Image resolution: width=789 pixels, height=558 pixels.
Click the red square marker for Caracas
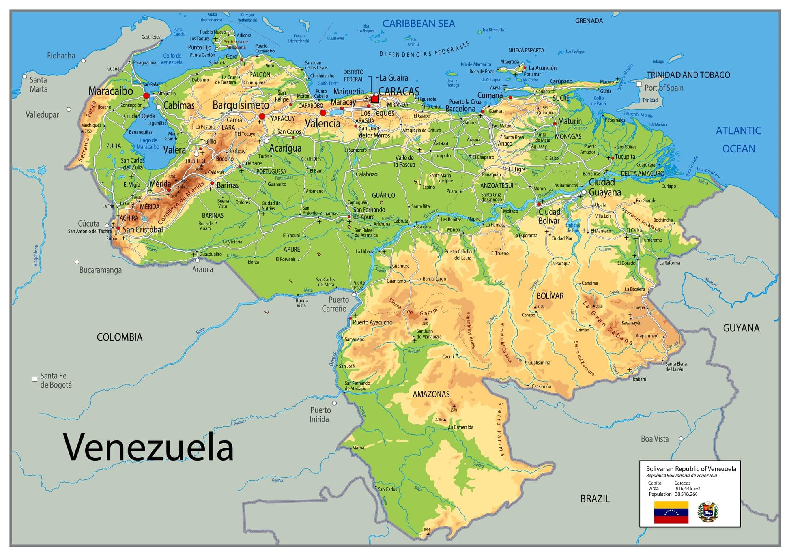(374, 99)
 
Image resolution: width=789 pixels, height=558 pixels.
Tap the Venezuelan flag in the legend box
(671, 512)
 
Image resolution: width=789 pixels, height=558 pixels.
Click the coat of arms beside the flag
(708, 512)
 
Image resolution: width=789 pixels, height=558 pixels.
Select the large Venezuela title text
(148, 447)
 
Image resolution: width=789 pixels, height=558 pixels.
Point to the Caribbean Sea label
(419, 24)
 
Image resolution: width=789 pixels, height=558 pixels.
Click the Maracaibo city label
(110, 91)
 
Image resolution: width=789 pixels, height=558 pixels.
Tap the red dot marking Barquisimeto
(262, 116)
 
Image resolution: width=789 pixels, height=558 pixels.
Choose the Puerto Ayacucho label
(372, 322)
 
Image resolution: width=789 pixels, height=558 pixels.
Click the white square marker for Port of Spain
(639, 84)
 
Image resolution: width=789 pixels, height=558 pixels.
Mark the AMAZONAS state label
(431, 394)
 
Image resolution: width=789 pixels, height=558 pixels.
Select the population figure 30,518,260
(686, 494)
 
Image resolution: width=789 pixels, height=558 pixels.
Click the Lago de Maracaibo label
(148, 144)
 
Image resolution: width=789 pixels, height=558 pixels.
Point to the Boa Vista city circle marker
(681, 439)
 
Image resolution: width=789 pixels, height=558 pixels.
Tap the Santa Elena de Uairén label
(676, 367)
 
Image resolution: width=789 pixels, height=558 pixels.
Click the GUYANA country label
(741, 328)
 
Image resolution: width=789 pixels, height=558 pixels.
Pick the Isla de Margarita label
(476, 64)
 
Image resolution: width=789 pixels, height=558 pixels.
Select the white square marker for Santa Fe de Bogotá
(34, 379)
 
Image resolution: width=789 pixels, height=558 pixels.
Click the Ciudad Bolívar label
(549, 216)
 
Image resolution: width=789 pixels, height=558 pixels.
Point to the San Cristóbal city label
(142, 230)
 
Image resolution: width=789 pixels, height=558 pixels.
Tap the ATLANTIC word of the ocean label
(738, 131)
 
